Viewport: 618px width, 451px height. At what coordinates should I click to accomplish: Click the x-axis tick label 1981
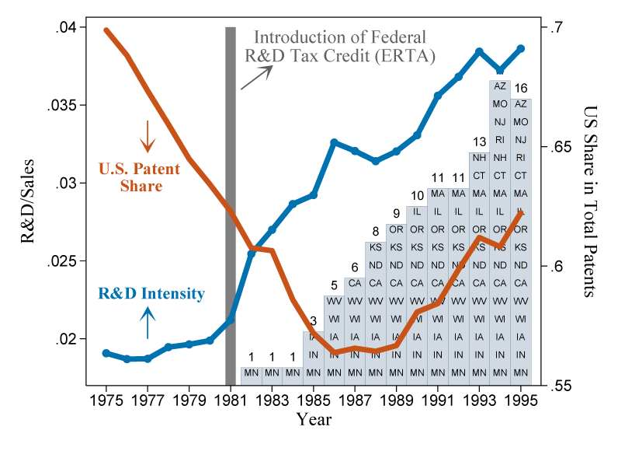click(230, 401)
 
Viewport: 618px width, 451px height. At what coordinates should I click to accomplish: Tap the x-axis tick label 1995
click(521, 401)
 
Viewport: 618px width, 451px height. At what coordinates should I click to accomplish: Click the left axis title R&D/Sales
click(27, 208)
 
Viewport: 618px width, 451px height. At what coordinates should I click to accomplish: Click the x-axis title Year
click(314, 420)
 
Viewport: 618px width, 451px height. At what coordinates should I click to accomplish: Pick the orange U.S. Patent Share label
click(140, 177)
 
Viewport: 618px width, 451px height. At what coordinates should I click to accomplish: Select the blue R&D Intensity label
click(151, 294)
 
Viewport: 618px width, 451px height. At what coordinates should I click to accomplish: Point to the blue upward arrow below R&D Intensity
click(148, 323)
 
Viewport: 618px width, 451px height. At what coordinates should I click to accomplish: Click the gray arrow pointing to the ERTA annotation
click(257, 77)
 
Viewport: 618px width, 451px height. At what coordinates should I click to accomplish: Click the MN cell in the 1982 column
click(251, 374)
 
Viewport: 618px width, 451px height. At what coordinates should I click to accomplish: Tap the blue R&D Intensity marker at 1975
click(106, 353)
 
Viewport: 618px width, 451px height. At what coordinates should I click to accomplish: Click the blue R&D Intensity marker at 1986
click(334, 142)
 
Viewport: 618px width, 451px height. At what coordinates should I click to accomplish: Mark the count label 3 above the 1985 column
click(313, 321)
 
